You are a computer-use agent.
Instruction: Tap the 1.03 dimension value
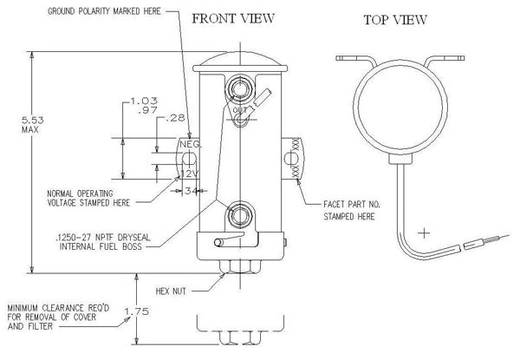point(139,101)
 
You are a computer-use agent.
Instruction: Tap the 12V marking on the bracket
point(190,173)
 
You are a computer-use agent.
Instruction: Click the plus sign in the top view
point(424,233)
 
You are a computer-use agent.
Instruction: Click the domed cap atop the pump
point(241,59)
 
